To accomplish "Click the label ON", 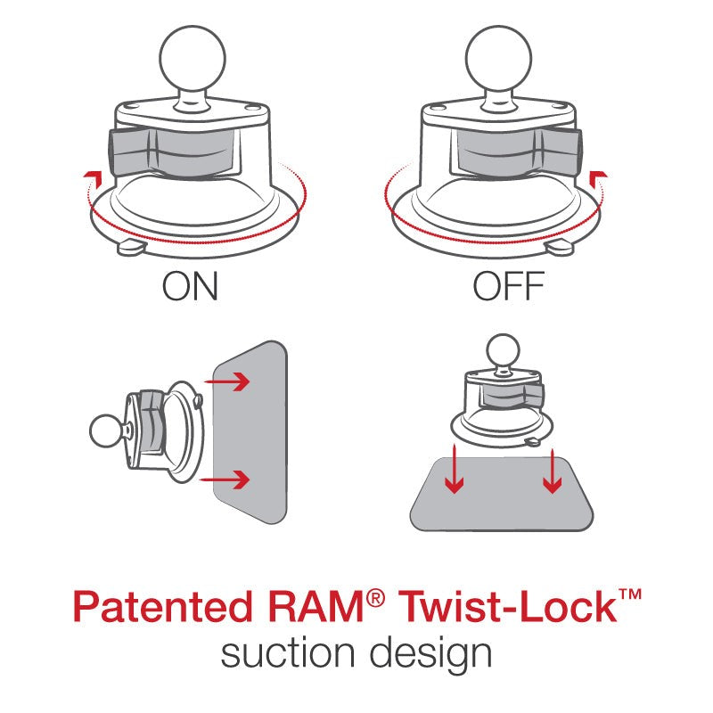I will (190, 288).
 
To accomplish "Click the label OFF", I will (508, 288).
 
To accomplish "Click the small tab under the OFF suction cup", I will (561, 247).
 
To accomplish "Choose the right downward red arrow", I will (553, 470).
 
